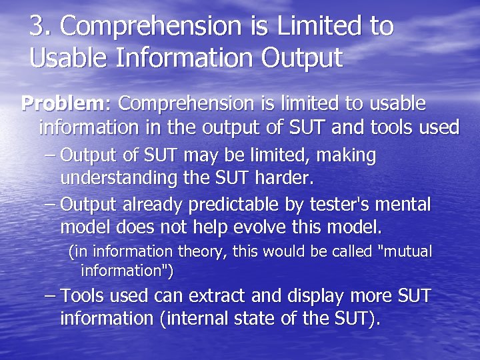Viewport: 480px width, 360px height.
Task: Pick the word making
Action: [346, 156]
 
